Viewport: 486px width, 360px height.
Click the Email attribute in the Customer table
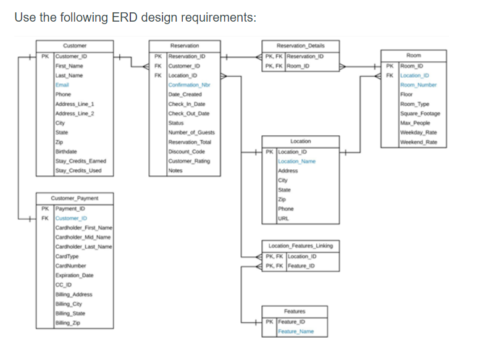pos(62,85)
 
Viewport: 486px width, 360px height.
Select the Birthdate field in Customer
pos(66,151)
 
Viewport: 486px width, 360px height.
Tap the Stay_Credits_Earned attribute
pos(80,161)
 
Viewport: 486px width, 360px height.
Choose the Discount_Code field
pos(186,151)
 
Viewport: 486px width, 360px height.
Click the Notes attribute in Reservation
pos(175,170)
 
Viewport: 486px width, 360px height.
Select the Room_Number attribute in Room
pos(418,85)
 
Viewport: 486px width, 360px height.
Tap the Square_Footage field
pos(420,114)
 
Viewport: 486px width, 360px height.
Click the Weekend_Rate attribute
pos(418,142)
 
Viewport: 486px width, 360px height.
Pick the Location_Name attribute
pos(297,161)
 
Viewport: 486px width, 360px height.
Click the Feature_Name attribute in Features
pos(296,332)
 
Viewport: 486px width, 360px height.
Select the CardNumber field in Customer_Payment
pos(70,266)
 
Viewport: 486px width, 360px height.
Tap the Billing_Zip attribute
pos(68,322)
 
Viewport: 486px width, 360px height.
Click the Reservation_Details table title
pos(300,46)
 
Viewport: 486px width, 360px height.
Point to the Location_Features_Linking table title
pos(300,246)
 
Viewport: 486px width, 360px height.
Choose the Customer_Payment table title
pos(75,198)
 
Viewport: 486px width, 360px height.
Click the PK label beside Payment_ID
pos(45,208)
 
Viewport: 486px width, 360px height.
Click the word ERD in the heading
pos(124,17)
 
